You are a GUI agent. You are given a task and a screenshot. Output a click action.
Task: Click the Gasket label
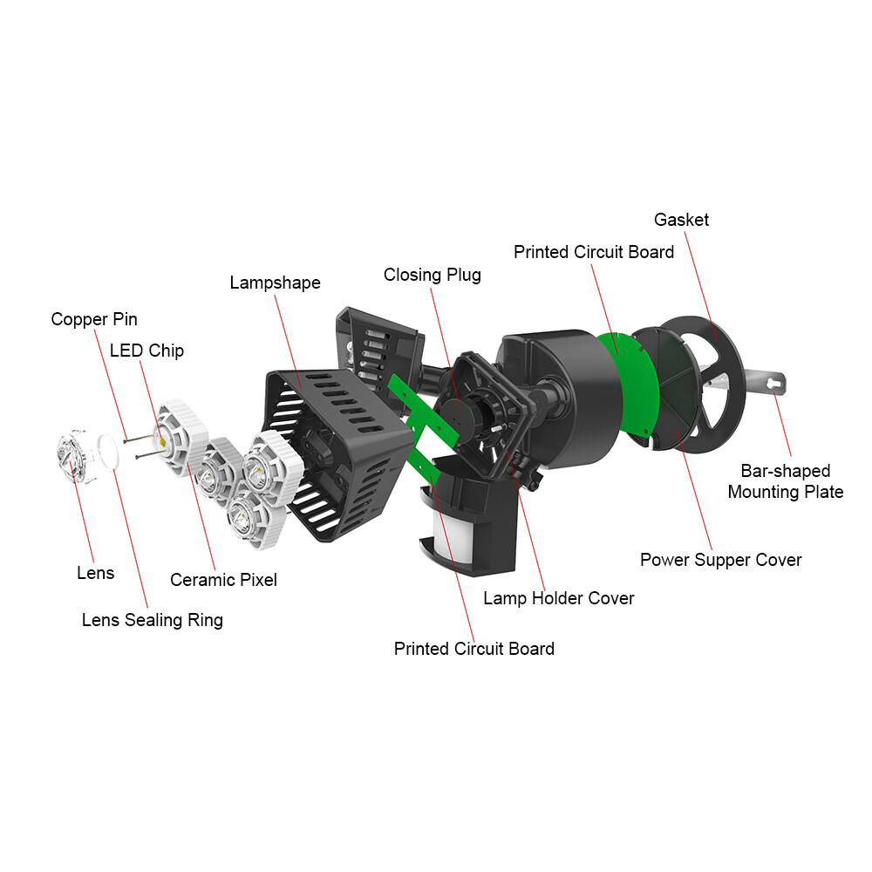(x=681, y=220)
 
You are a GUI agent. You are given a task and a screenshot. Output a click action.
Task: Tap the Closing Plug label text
(x=433, y=275)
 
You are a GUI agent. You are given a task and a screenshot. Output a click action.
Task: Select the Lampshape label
(x=276, y=283)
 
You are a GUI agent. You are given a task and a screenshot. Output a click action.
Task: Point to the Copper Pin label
(x=94, y=319)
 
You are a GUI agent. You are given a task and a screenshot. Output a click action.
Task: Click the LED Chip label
(x=146, y=351)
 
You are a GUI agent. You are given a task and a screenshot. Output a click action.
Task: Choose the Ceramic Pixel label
(x=223, y=580)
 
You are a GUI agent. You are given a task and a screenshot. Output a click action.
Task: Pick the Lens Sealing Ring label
(x=153, y=620)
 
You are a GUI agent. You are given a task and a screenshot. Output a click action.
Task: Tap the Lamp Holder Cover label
(x=559, y=598)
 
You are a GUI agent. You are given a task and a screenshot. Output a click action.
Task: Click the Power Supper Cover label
(x=721, y=560)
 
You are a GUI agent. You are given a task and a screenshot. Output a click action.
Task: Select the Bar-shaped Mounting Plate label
(x=786, y=481)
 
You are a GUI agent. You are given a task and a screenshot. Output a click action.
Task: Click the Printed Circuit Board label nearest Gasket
(x=593, y=252)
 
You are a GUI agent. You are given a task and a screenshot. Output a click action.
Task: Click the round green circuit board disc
(x=635, y=384)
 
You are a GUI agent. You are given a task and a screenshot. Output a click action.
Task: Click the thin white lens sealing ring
(x=108, y=452)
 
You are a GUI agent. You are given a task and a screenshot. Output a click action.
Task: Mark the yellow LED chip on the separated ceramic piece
(x=162, y=441)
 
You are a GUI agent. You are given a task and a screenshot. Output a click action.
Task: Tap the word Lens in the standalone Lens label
(x=96, y=573)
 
